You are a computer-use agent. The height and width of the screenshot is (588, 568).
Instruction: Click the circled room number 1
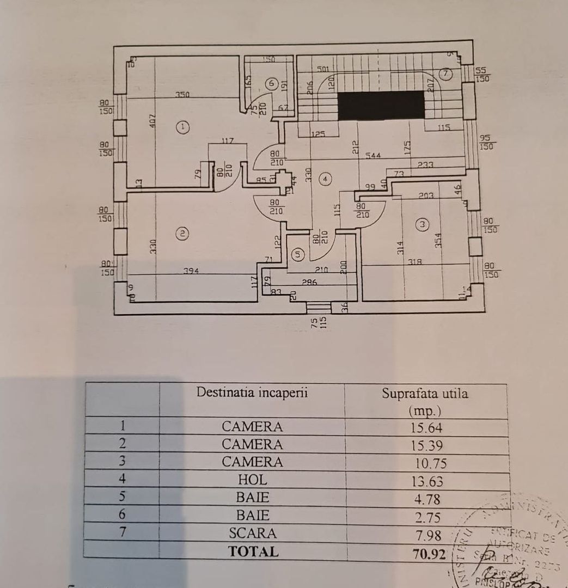pyautogui.click(x=184, y=127)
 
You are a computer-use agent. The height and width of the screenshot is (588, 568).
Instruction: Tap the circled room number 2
pyautogui.click(x=183, y=234)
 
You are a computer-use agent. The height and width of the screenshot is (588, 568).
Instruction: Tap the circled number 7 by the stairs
pyautogui.click(x=445, y=72)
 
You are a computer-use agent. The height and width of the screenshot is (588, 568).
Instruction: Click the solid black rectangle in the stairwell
pyautogui.click(x=381, y=105)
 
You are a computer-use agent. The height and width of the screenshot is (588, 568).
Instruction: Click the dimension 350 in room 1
pyautogui.click(x=182, y=95)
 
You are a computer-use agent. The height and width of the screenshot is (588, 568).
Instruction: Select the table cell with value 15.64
pyautogui.click(x=426, y=427)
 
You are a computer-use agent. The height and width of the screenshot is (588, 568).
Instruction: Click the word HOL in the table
pyautogui.click(x=252, y=480)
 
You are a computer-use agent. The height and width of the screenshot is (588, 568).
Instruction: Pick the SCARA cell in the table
pyautogui.click(x=252, y=533)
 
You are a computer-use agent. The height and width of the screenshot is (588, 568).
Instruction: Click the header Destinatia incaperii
pyautogui.click(x=252, y=392)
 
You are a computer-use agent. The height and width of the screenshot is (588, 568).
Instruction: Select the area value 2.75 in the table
pyautogui.click(x=426, y=517)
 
